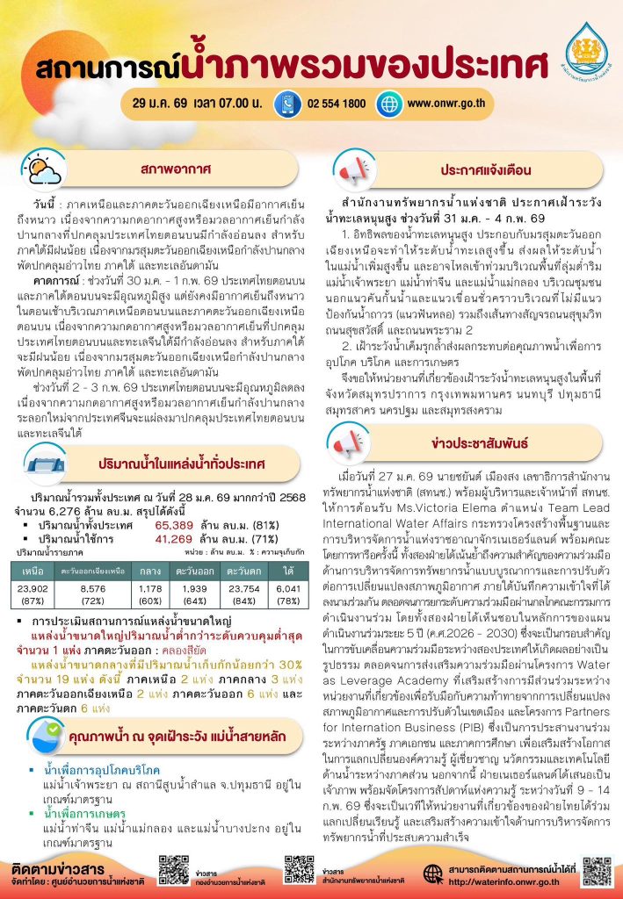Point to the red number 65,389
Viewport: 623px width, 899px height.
pyautogui.click(x=174, y=501)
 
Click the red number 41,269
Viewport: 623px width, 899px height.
pyautogui.click(x=174, y=514)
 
